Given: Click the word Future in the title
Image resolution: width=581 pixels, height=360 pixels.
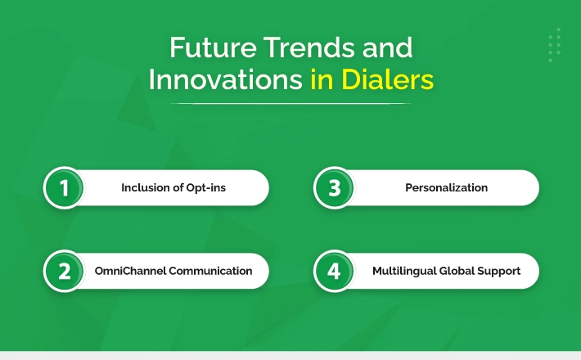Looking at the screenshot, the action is pyautogui.click(x=213, y=47).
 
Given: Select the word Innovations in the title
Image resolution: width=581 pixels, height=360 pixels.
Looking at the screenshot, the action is pyautogui.click(x=226, y=79).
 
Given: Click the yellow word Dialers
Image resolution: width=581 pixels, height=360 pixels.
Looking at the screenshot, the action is pyautogui.click(x=387, y=79).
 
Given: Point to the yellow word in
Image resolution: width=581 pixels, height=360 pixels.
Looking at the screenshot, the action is pyautogui.click(x=322, y=79).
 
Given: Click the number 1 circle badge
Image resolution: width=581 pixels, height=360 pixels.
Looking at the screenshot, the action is pyautogui.click(x=64, y=188).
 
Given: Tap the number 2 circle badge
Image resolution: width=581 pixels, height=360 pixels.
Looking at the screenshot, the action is pyautogui.click(x=64, y=271).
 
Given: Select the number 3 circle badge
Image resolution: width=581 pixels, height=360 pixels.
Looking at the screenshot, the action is pyautogui.click(x=334, y=188).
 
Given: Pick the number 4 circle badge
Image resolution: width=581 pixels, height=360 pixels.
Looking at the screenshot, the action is pyautogui.click(x=334, y=271).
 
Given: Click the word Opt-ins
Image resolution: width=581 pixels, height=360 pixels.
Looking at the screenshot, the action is pyautogui.click(x=205, y=188).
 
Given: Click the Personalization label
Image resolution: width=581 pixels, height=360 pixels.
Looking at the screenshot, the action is pyautogui.click(x=447, y=188).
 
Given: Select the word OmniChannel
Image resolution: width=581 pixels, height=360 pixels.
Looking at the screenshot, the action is pyautogui.click(x=130, y=271).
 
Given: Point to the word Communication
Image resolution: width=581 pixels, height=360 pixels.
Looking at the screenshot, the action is pyautogui.click(x=210, y=271).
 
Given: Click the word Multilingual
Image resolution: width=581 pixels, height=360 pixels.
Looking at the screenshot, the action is pyautogui.click(x=404, y=271).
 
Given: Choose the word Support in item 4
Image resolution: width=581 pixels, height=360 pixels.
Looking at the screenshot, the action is pyautogui.click(x=498, y=272).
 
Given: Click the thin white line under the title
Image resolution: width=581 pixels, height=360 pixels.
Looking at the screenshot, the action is pyautogui.click(x=290, y=104).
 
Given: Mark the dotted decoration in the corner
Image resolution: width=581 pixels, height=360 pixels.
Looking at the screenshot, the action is pyautogui.click(x=555, y=45).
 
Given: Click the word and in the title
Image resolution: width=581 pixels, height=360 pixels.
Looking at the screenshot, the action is pyautogui.click(x=387, y=47).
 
